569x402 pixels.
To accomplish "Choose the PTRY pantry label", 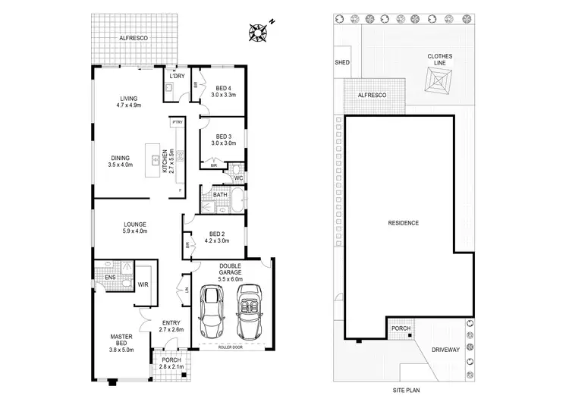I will [176, 121].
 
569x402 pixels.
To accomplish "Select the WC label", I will [238, 178].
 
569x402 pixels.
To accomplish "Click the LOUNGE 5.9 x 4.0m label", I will [136, 228].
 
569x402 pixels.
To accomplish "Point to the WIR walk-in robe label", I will [143, 284].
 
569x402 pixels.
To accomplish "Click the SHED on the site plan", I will [342, 62].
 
